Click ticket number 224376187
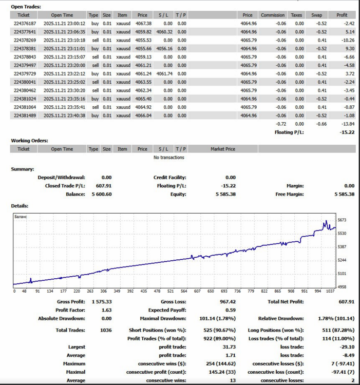point(25,24)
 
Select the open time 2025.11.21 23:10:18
point(64,40)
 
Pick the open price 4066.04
point(143,115)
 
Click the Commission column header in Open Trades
point(273,15)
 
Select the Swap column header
point(316,15)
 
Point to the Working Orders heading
point(29,141)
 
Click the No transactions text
point(169,158)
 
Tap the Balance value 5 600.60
point(102,194)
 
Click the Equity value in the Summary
point(225,194)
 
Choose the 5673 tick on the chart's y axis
point(342,220)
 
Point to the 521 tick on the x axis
point(170,291)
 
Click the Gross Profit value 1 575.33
point(102,302)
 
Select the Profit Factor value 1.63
point(107,310)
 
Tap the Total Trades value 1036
point(106,330)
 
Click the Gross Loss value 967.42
point(228,302)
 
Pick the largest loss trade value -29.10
point(347,347)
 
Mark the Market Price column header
point(223,149)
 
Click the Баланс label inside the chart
point(21,217)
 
